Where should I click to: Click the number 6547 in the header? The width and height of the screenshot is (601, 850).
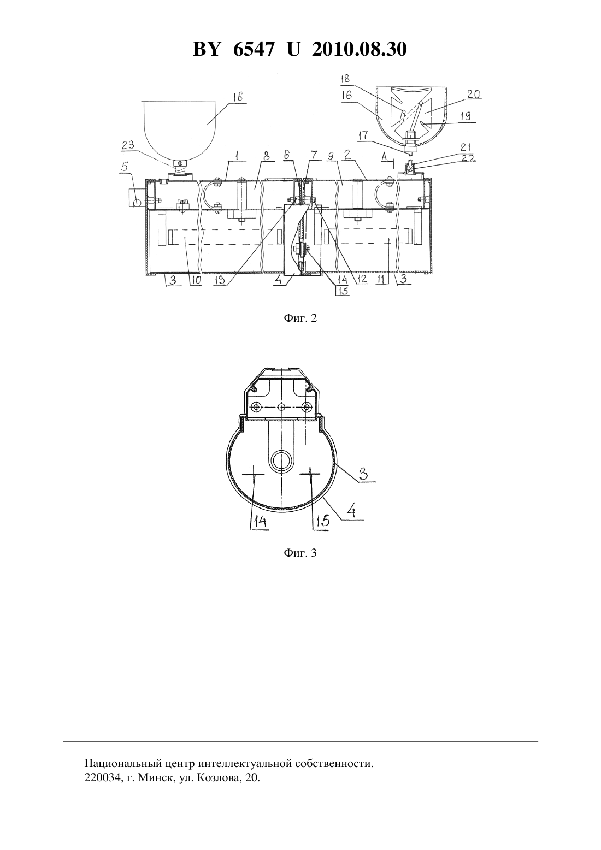[x=252, y=49]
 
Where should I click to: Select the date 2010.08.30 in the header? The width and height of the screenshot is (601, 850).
[x=359, y=49]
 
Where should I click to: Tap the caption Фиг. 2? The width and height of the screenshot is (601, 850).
[x=300, y=318]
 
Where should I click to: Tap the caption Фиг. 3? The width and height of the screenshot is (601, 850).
[x=300, y=553]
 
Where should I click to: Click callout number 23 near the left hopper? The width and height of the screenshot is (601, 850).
[x=128, y=145]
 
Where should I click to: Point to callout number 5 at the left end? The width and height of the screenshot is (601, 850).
[x=125, y=166]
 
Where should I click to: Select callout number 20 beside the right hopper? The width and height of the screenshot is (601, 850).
[x=474, y=94]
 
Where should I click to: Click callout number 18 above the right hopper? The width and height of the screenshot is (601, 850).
[x=345, y=79]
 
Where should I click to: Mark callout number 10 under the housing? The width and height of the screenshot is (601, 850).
[x=196, y=280]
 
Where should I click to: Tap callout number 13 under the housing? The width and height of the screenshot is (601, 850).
[x=220, y=280]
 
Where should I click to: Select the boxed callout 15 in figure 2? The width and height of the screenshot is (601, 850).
[x=343, y=291]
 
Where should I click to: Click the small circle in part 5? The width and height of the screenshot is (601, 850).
[x=137, y=203]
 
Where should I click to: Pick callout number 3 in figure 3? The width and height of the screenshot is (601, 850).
[x=363, y=474]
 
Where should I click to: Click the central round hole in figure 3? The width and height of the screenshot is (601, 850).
[x=281, y=460]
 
